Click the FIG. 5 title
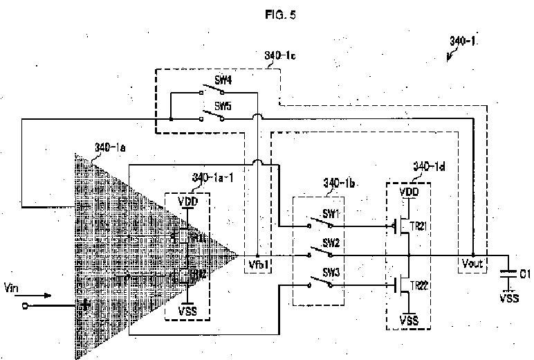[x=279, y=15]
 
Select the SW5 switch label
[x=223, y=106]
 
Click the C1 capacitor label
[x=524, y=274]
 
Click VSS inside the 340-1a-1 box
[x=187, y=311]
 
